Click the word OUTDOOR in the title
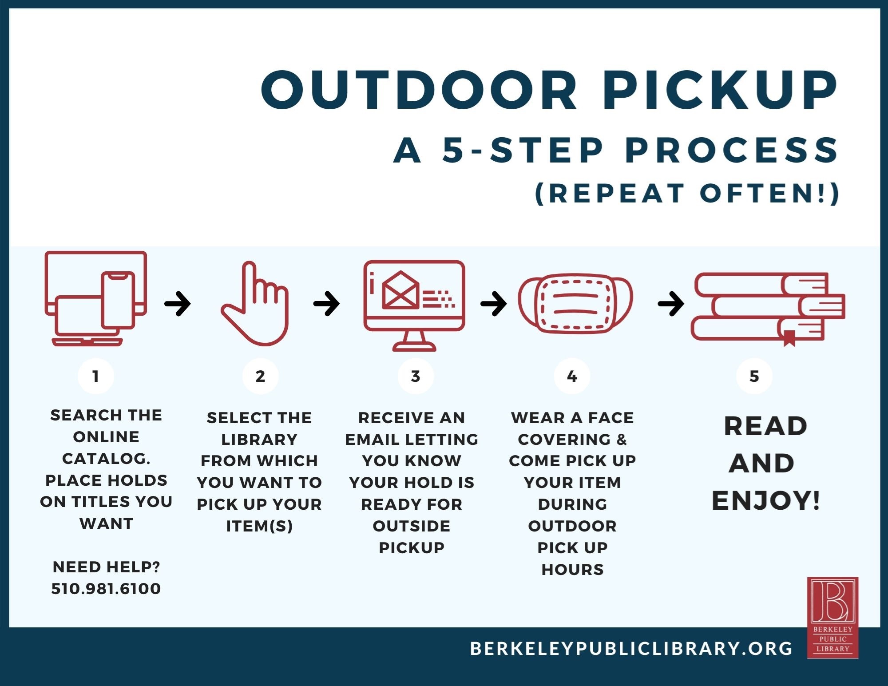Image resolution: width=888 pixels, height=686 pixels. (x=419, y=90)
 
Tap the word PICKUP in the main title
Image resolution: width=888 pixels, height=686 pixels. (x=720, y=90)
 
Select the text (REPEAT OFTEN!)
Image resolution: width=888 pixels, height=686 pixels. (x=687, y=194)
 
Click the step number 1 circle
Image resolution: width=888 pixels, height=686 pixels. (x=96, y=376)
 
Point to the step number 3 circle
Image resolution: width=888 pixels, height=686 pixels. (x=416, y=376)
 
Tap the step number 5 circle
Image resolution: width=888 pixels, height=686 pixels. (x=754, y=376)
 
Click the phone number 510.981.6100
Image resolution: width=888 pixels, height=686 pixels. (x=106, y=589)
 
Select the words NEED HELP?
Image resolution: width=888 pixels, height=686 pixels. (x=106, y=567)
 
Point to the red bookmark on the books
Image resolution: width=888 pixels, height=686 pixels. (x=789, y=338)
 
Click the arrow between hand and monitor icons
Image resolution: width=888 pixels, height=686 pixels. (x=326, y=304)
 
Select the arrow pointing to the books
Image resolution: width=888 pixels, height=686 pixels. (x=671, y=304)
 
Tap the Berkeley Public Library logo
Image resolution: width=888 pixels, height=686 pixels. (x=832, y=618)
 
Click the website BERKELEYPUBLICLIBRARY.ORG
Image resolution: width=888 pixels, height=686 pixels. (x=631, y=649)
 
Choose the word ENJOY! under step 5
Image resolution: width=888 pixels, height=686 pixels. (x=766, y=501)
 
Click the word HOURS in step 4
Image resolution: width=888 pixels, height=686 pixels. (x=572, y=570)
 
